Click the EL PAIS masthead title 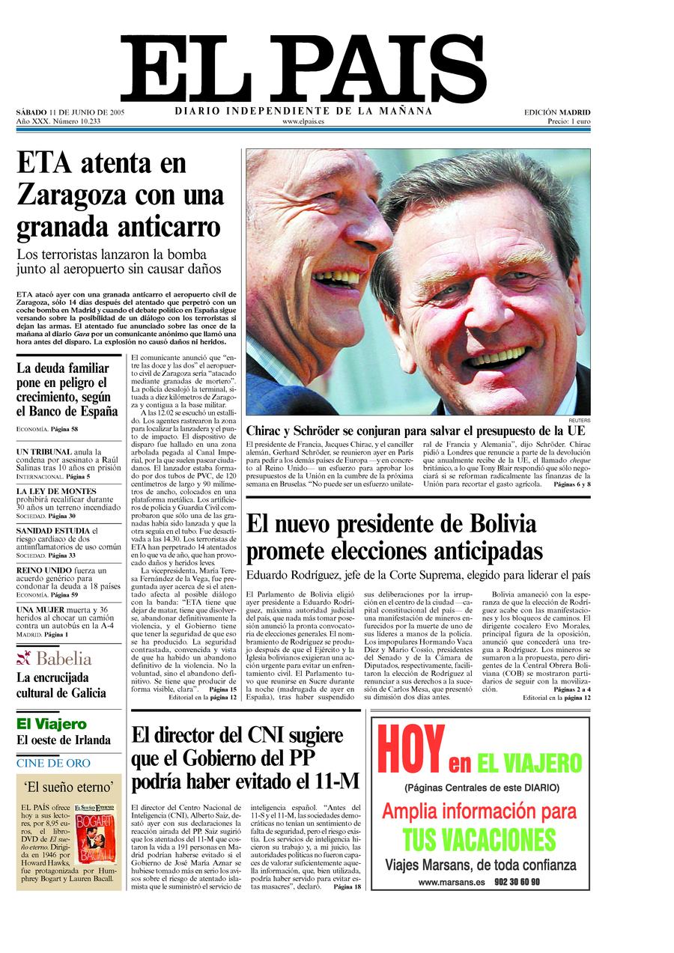click(x=303, y=69)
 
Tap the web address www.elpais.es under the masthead click(x=303, y=121)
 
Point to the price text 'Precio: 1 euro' click(x=568, y=121)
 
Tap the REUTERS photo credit click(x=579, y=421)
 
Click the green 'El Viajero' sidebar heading click(x=51, y=724)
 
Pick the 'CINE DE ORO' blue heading click(x=53, y=764)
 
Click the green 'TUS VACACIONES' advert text click(x=479, y=840)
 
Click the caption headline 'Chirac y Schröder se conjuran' click(x=417, y=430)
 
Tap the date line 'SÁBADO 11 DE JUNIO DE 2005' click(x=70, y=112)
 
